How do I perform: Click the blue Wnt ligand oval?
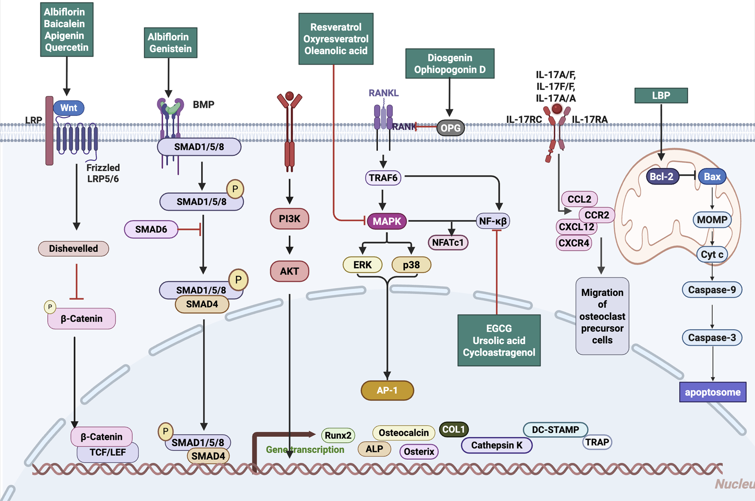(x=69, y=108)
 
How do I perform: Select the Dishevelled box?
(x=73, y=249)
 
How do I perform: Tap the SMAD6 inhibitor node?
(x=151, y=229)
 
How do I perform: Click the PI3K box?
(x=289, y=219)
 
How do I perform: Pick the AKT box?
(x=289, y=271)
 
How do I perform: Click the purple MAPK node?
(x=387, y=221)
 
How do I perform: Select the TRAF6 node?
(x=383, y=178)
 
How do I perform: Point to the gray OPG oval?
(x=450, y=128)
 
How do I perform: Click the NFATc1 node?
(x=447, y=243)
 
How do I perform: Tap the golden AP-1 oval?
(x=387, y=390)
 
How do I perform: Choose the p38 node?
(x=411, y=265)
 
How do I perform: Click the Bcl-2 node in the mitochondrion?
(x=662, y=177)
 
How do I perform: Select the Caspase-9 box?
(x=712, y=290)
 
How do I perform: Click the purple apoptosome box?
(x=712, y=392)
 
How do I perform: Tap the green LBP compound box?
(x=661, y=96)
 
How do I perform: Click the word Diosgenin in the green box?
(x=450, y=58)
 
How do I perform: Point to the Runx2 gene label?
(x=338, y=435)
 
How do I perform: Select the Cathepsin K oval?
(x=496, y=445)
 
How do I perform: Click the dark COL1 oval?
(x=453, y=429)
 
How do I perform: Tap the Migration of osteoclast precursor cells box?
(x=602, y=316)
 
